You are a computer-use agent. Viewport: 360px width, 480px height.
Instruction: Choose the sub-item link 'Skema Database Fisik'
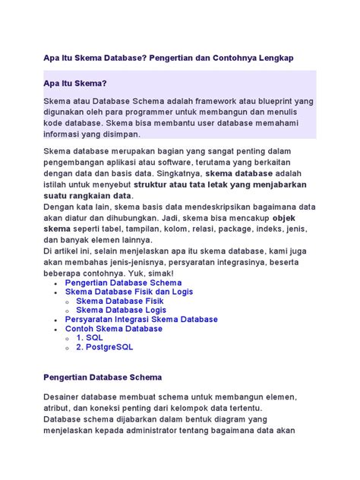point(119,301)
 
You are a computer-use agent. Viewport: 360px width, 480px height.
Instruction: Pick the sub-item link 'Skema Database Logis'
point(122,310)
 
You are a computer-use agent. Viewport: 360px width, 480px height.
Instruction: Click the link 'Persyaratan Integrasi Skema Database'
point(152,320)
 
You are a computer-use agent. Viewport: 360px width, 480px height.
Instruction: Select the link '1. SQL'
point(90,338)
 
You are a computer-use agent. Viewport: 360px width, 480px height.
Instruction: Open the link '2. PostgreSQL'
point(104,347)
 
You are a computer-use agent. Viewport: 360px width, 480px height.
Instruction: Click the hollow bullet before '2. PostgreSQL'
point(68,348)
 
